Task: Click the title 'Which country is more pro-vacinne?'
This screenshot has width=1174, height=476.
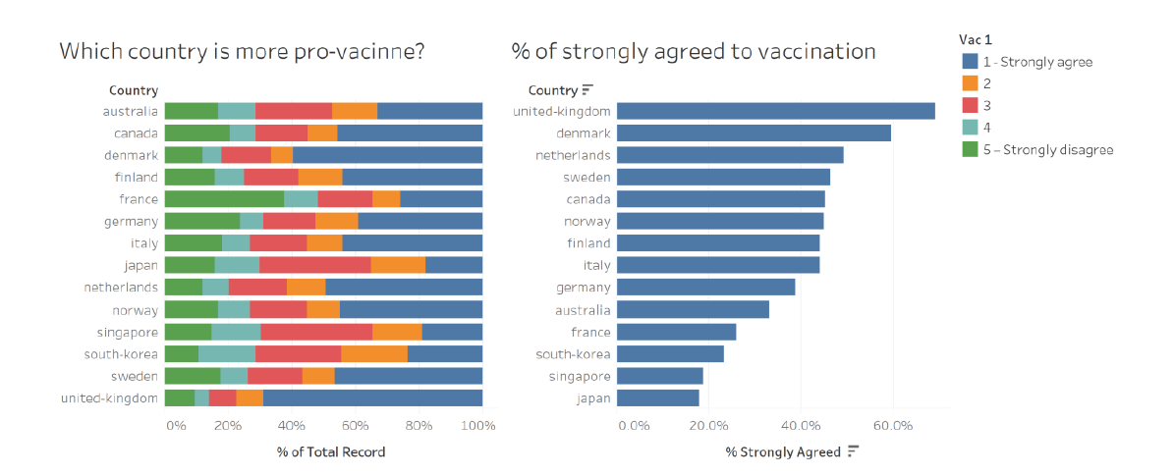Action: click(x=242, y=51)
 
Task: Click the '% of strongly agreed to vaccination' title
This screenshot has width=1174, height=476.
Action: click(x=694, y=51)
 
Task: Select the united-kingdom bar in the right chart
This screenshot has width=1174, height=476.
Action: click(x=775, y=111)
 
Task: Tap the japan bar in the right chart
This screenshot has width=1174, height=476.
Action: click(x=657, y=398)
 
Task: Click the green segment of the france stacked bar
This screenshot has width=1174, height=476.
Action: click(x=224, y=199)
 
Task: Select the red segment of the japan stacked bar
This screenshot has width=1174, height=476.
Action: click(x=314, y=265)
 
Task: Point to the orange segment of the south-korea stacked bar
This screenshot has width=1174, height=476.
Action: click(x=374, y=354)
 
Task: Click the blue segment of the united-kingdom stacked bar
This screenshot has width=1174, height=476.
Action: click(x=372, y=398)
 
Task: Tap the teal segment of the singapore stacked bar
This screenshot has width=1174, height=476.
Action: click(x=236, y=332)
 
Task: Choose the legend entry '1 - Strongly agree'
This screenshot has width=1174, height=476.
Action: click(x=1037, y=62)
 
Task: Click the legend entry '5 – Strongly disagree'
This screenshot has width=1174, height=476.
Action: click(x=1047, y=149)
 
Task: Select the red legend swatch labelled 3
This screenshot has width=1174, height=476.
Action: click(x=969, y=106)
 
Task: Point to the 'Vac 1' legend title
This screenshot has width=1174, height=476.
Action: click(x=976, y=39)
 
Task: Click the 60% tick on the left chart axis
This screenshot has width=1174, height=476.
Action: click(x=355, y=426)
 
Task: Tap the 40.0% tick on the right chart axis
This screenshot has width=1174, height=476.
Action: click(x=800, y=426)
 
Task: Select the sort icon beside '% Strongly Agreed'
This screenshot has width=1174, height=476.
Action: click(x=853, y=451)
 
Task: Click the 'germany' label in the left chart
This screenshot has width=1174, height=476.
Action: click(x=131, y=222)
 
